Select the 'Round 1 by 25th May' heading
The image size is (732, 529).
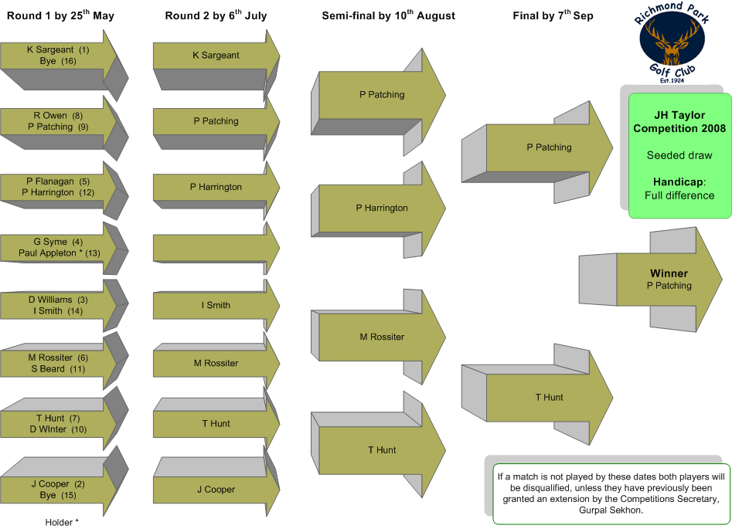(60, 15)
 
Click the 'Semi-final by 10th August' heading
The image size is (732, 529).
(388, 15)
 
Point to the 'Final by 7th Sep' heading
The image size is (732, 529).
(553, 15)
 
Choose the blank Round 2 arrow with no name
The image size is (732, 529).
(216, 247)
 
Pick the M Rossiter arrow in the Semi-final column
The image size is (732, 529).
(378, 337)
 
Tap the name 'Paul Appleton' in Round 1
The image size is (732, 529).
(47, 253)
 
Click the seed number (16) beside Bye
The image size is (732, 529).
(68, 61)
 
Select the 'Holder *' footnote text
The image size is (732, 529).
(62, 523)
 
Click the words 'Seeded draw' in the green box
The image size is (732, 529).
(679, 155)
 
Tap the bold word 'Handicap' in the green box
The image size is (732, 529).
(679, 182)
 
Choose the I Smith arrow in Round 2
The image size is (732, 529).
(216, 305)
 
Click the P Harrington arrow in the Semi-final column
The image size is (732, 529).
(378, 208)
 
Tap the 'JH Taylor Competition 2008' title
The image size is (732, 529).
(679, 122)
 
